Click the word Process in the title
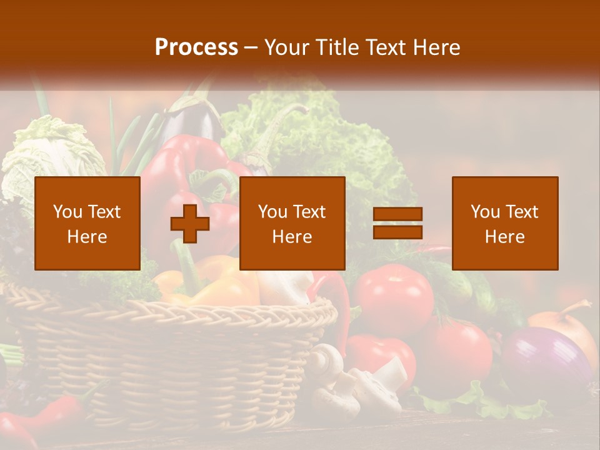196,47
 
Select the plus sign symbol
190,224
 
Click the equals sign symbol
397,223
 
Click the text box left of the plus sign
87,223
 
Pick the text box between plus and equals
292,223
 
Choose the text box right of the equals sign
504,223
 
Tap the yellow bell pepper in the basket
212,284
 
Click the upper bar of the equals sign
397,214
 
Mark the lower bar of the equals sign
397,232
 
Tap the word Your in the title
287,47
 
